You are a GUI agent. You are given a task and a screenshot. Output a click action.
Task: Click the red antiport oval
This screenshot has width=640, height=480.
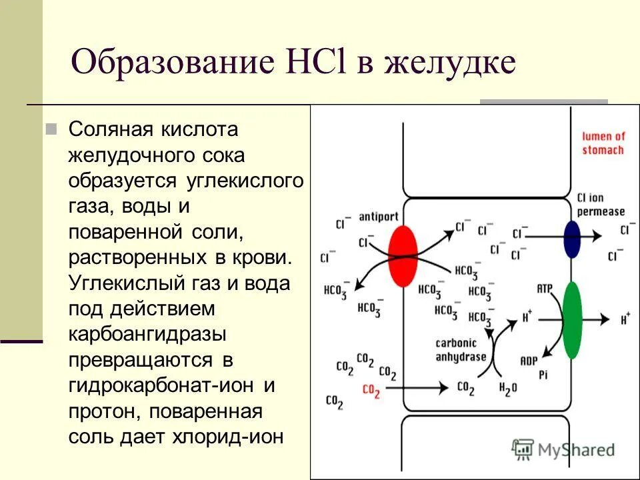tap(402, 256)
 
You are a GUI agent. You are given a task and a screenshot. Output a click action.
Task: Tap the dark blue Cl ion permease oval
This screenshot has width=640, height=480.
tap(572, 238)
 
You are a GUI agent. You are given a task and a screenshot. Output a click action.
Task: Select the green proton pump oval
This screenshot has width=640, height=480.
tap(571, 320)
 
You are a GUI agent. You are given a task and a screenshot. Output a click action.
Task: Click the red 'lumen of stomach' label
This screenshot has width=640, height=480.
tap(602, 143)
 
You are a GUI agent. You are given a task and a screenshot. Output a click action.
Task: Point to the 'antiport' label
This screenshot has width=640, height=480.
tap(378, 217)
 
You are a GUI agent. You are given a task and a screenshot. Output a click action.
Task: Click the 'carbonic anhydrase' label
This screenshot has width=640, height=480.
tap(460, 350)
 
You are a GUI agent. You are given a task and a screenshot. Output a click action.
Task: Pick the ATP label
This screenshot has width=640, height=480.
tap(545, 288)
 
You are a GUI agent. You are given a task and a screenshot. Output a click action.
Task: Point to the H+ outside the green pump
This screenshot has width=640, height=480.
tap(625, 320)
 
